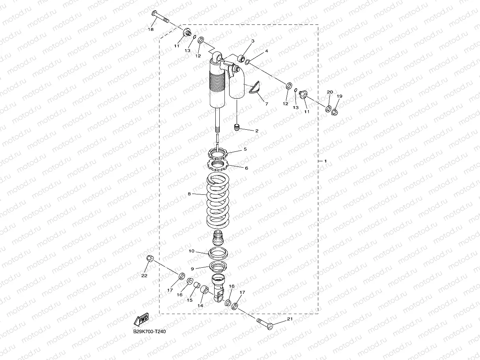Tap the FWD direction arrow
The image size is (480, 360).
(140, 319)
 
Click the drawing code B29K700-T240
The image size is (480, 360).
(149, 332)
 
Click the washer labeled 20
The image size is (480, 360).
(328, 108)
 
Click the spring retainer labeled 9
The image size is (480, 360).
(219, 266)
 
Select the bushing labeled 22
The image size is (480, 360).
(149, 259)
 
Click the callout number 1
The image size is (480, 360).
(325, 161)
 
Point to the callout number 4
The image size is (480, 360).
(267, 51)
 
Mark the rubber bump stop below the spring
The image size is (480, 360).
(219, 238)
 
